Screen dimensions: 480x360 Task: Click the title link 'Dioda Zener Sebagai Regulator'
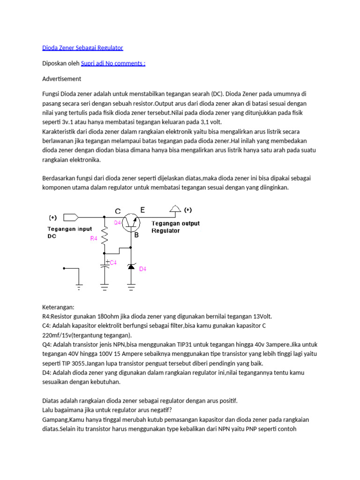coord(82,48)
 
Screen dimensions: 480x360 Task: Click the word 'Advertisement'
coord(61,79)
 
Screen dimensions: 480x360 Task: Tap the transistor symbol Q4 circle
coord(131,224)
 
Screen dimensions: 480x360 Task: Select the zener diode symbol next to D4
coord(131,266)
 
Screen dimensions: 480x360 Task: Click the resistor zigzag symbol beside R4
coord(105,237)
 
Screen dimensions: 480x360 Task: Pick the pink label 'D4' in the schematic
coord(143,269)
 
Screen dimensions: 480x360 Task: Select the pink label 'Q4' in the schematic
coord(117,223)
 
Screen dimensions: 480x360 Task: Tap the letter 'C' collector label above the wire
coord(118,211)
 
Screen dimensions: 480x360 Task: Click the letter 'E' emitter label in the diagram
coord(142,210)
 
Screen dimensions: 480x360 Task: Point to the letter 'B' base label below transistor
coord(137,236)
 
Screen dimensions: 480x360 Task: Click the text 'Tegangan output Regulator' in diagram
coord(175,227)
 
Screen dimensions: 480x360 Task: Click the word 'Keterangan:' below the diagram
coord(58,307)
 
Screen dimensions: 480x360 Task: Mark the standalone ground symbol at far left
coord(78,285)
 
